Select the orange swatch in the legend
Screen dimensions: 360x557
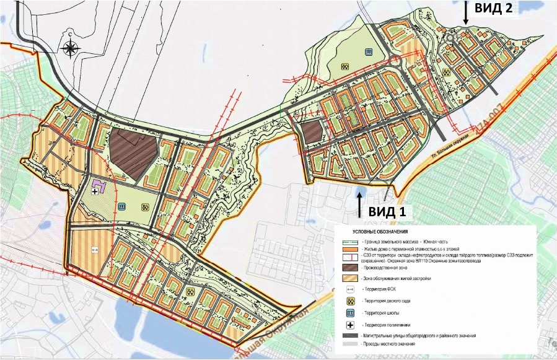[x=350, y=248]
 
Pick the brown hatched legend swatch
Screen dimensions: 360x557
[x=350, y=268]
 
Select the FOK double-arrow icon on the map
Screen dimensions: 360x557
[x=95, y=250]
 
